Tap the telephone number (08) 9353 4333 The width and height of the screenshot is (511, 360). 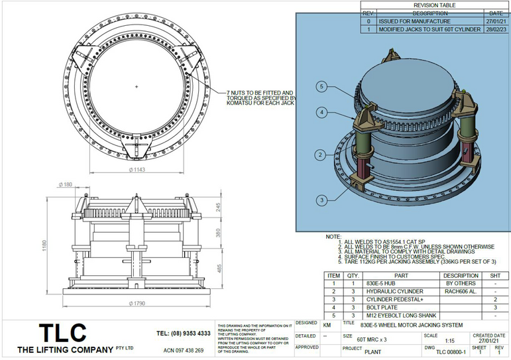click(x=184, y=333)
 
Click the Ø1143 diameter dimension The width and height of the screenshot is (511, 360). click(x=137, y=170)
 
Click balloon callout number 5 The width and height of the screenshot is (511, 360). click(x=321, y=87)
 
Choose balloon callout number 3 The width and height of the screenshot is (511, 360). click(x=321, y=200)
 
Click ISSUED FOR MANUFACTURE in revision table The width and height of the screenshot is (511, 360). click(x=406, y=21)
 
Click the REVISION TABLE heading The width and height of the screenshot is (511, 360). click(x=434, y=5)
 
